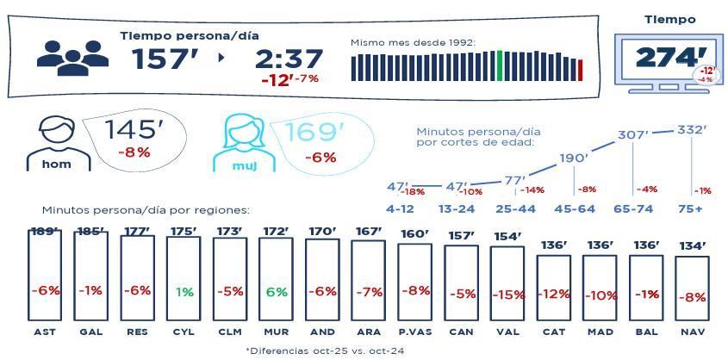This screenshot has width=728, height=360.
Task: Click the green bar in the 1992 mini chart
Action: (x=500, y=65)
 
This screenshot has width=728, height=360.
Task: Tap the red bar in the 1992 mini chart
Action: (x=581, y=70)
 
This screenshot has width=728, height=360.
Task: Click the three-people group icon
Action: (x=72, y=56)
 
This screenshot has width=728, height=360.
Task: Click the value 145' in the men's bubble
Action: (x=134, y=130)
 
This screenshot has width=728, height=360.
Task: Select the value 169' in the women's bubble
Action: (x=314, y=133)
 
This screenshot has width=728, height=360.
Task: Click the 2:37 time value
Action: (x=289, y=59)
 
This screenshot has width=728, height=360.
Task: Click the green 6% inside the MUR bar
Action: (x=277, y=292)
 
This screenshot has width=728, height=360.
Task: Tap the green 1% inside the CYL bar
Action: (x=184, y=292)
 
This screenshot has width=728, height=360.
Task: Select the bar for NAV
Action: (x=692, y=289)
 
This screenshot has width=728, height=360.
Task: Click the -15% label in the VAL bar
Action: (x=508, y=295)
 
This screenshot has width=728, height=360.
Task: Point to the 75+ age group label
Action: (x=690, y=208)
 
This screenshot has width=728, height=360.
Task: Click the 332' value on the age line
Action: (x=692, y=130)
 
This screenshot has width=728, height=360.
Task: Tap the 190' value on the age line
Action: (x=574, y=158)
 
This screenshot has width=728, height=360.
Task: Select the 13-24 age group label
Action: (x=457, y=208)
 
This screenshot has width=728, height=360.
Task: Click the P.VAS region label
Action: (x=414, y=332)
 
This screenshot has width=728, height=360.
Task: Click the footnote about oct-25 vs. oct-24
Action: (x=325, y=351)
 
